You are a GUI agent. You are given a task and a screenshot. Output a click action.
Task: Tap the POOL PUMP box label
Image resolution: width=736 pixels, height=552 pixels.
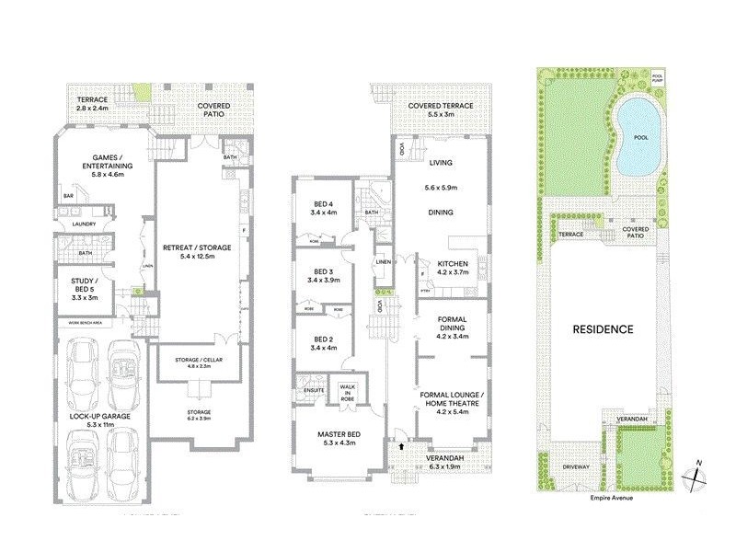click(657, 79)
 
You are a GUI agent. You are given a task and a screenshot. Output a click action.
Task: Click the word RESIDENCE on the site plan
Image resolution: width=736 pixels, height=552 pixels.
click(604, 328)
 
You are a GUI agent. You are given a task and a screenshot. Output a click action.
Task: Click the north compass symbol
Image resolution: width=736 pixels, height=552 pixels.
click(696, 476)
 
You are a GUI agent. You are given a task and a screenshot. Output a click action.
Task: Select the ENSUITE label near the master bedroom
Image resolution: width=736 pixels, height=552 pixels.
click(305, 390)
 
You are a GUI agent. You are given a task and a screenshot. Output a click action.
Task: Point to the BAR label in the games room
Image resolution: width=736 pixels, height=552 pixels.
click(68, 196)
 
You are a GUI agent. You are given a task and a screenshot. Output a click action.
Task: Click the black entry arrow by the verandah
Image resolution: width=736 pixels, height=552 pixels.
click(401, 446)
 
